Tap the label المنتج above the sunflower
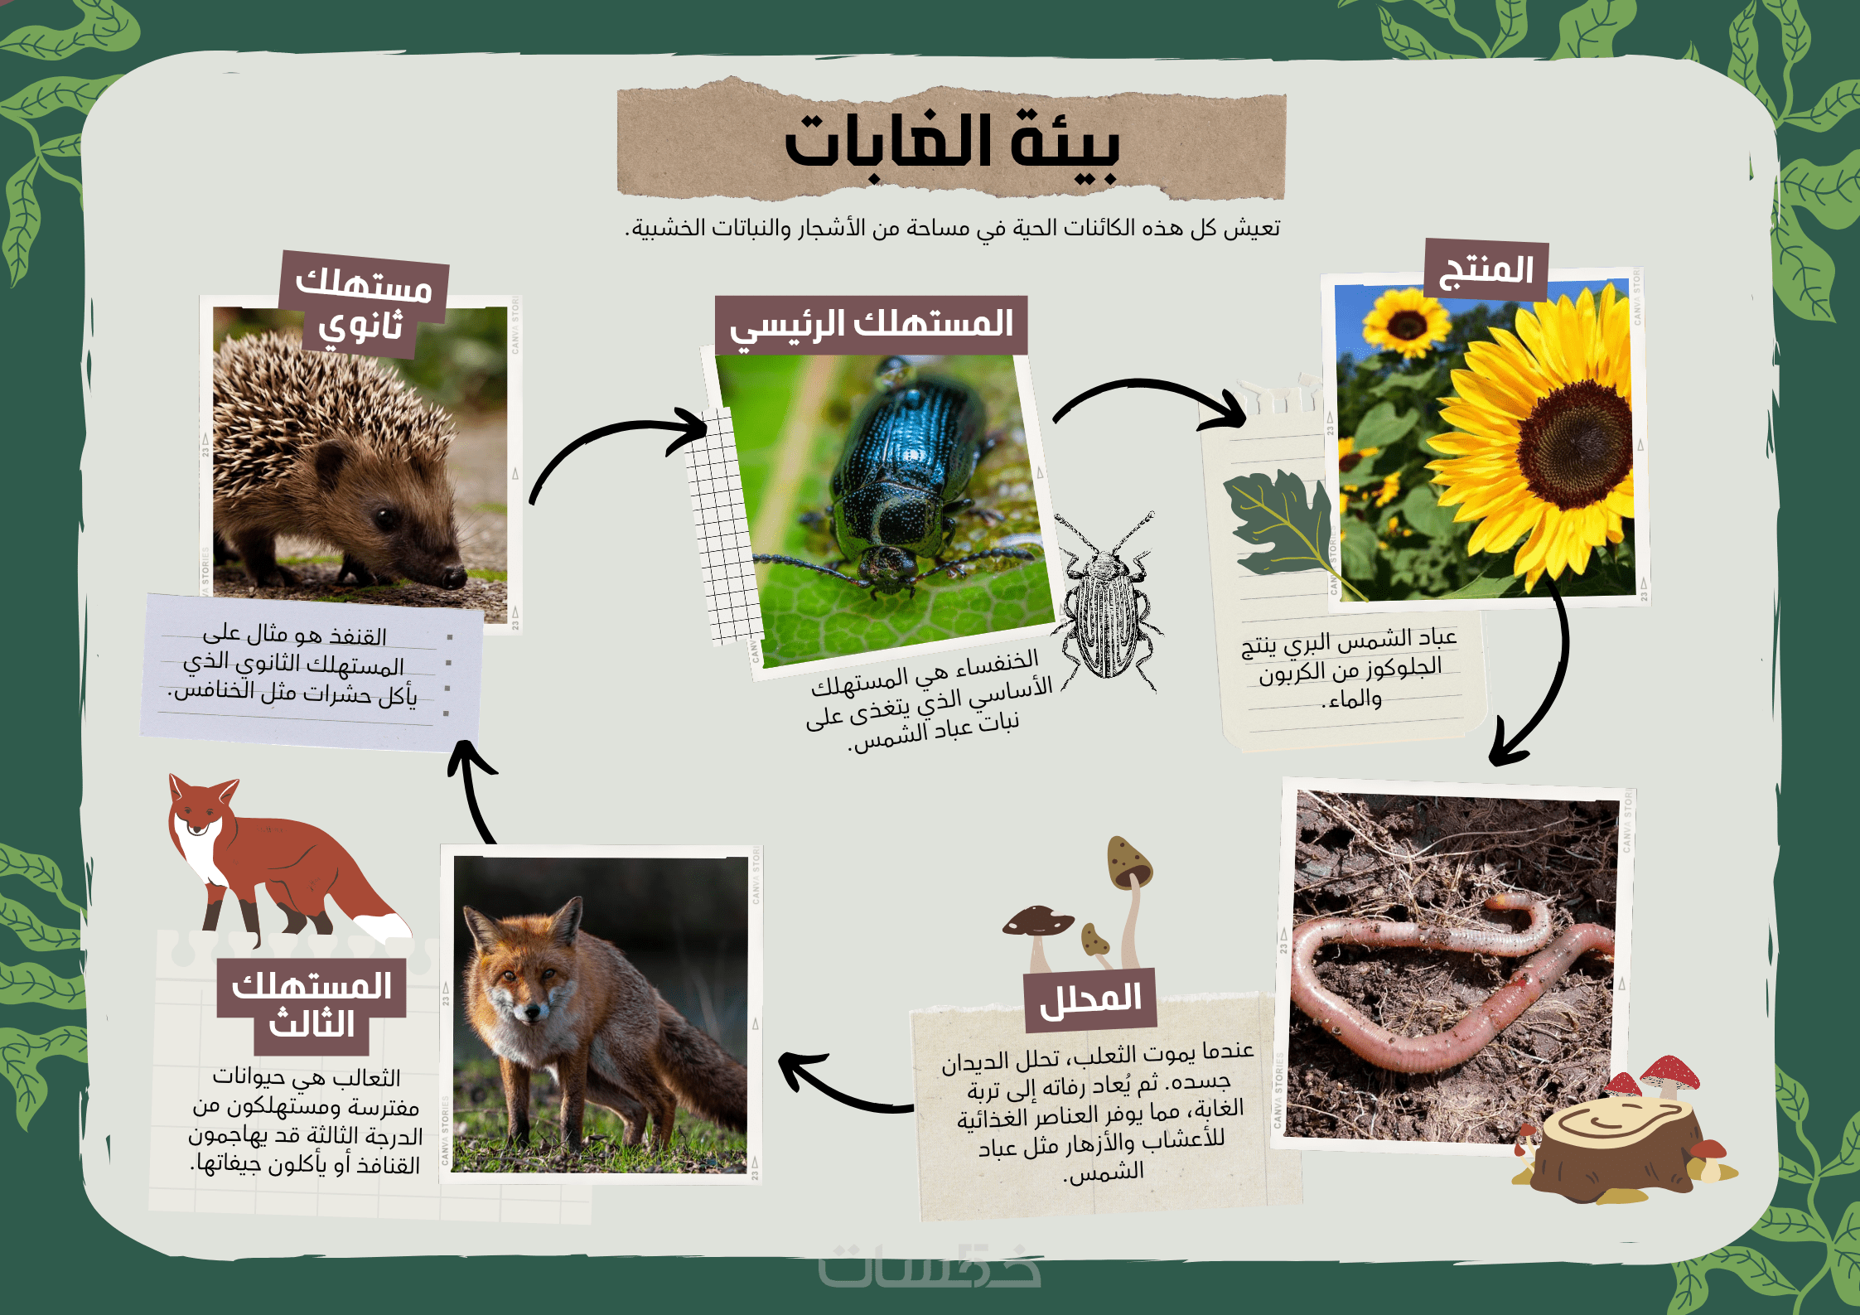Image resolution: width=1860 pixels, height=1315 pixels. tap(1486, 270)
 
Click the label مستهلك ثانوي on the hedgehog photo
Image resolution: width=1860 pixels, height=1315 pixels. tap(364, 305)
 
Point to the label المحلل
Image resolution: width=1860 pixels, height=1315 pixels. tap(1090, 999)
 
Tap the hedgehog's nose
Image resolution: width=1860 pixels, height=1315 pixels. tap(455, 577)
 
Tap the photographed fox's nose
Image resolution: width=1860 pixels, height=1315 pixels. tap(532, 1012)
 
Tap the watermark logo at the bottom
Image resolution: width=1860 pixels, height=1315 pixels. tap(930, 1265)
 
